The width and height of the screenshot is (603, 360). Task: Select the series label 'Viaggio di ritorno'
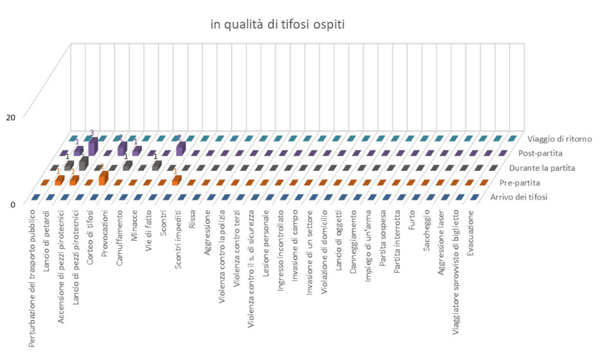560,139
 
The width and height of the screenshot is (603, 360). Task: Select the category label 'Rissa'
193,218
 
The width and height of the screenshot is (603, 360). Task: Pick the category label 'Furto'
412,219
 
